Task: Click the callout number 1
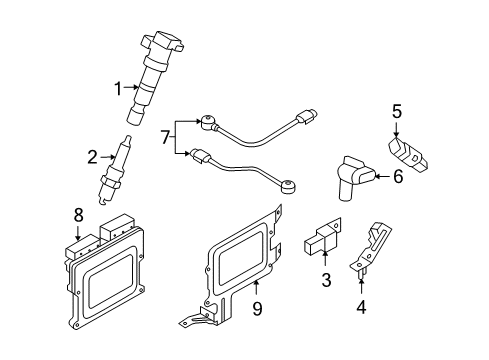(117, 88)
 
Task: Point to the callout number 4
(361, 307)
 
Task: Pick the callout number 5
(396, 112)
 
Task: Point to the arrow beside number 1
(130, 88)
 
